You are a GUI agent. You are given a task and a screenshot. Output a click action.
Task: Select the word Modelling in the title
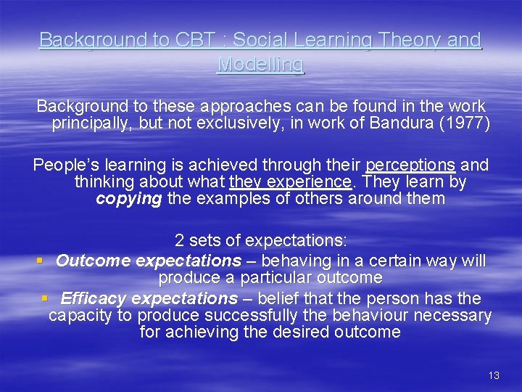[261, 65]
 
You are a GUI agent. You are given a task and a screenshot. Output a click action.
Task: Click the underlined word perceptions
[410, 165]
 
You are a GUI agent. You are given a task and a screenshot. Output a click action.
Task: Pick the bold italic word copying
[128, 198]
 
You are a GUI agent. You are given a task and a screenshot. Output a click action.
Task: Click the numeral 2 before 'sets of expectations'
[179, 240]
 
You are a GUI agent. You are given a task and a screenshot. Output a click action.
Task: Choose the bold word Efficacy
[94, 298]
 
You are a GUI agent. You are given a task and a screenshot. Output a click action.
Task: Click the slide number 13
[494, 375]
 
